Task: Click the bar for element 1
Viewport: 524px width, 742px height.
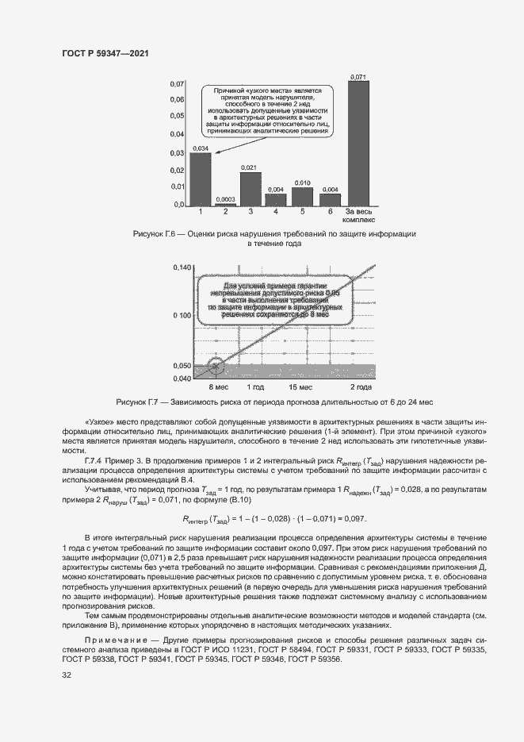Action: (201, 179)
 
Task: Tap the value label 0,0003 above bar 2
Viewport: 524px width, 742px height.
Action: (226, 199)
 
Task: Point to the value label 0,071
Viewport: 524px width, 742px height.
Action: (358, 77)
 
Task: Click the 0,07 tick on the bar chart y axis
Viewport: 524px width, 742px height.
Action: (178, 83)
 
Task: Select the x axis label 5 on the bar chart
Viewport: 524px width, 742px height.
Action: (302, 212)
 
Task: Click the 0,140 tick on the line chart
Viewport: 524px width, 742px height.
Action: (182, 268)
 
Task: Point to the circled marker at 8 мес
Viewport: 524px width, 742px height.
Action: (215, 367)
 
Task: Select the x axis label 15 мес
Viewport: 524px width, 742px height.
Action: (300, 386)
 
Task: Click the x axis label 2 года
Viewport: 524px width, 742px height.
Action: (361, 386)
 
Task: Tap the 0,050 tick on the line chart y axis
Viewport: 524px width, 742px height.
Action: (182, 366)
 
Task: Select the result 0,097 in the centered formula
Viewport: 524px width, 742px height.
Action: (354, 518)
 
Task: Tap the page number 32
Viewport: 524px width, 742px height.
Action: (67, 675)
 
